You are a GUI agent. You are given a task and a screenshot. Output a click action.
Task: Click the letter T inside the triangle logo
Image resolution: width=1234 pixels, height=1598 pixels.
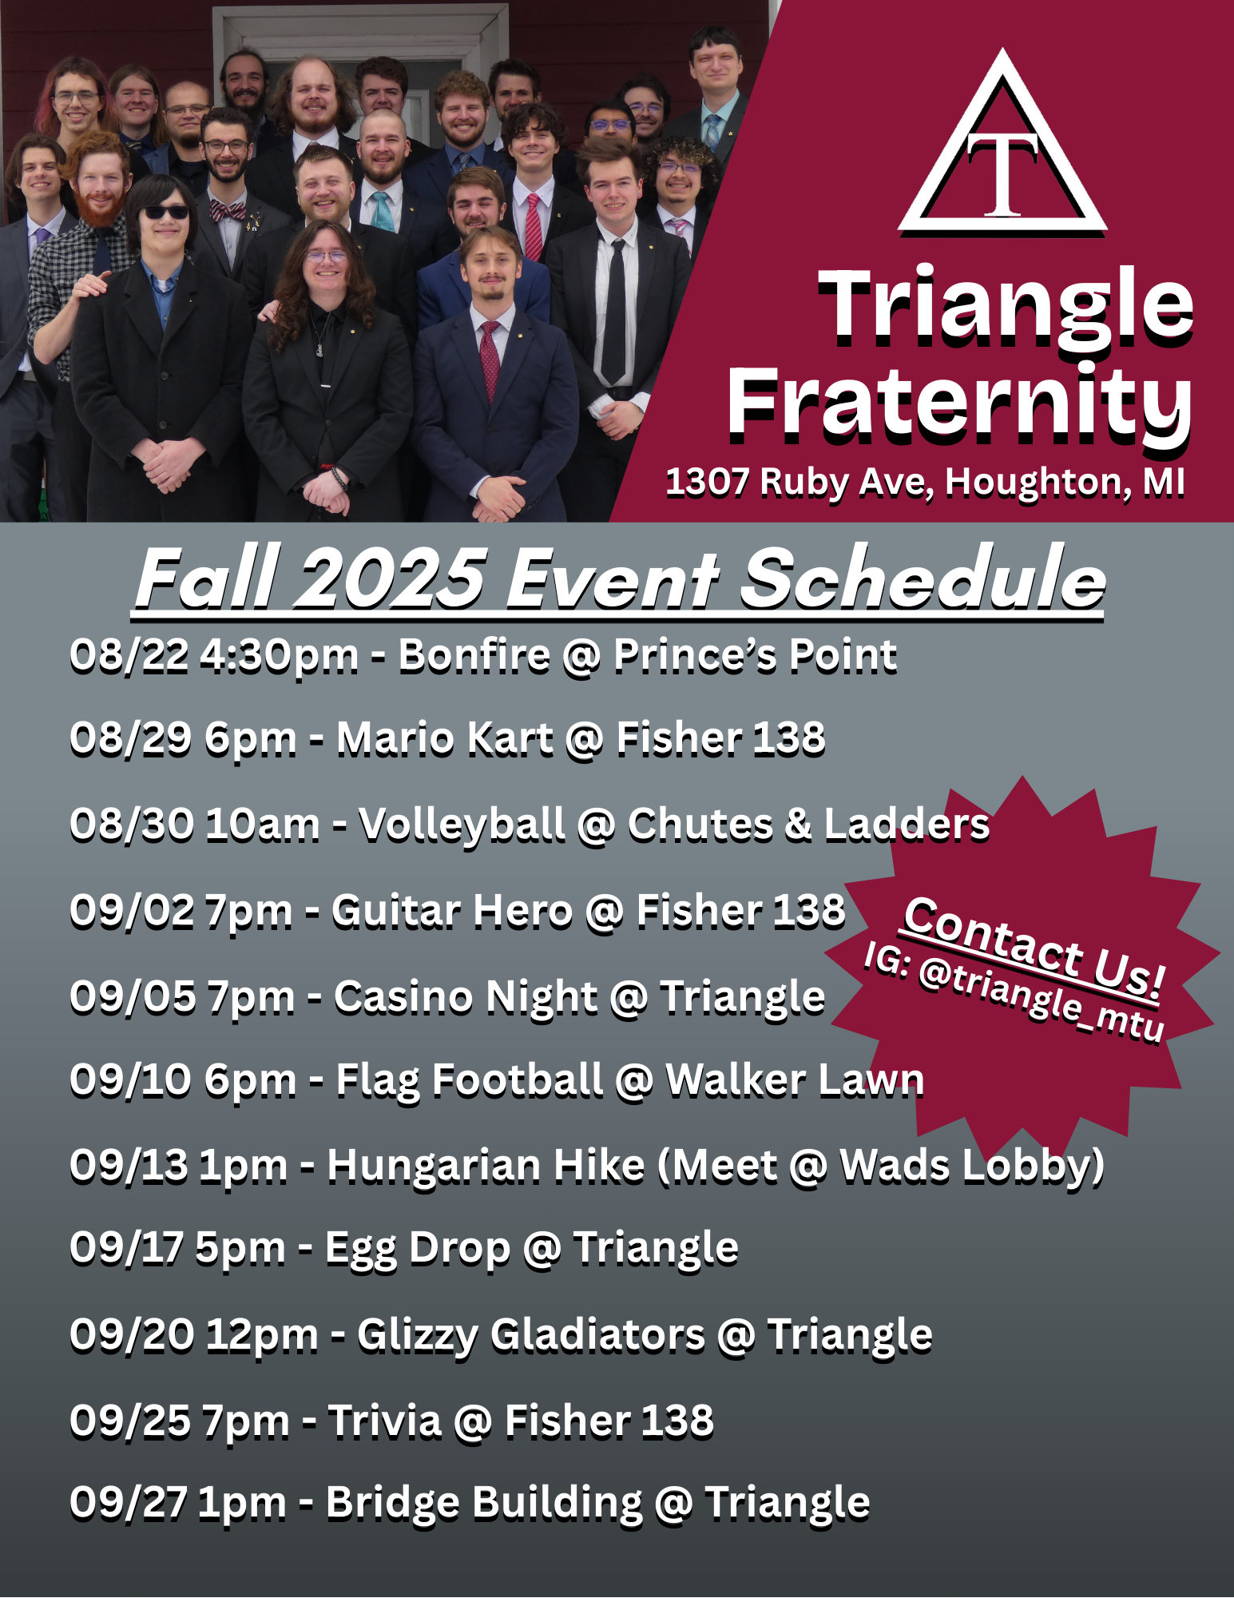tap(1003, 173)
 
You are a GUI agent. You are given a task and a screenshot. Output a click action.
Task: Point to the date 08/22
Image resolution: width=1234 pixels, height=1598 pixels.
tap(129, 656)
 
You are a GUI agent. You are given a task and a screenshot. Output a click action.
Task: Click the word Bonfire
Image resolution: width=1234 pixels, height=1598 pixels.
tap(474, 655)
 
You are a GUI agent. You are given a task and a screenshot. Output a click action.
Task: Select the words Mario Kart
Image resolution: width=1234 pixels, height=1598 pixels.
tap(445, 738)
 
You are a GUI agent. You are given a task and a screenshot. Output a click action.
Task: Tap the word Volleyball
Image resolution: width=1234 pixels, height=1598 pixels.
tap(462, 825)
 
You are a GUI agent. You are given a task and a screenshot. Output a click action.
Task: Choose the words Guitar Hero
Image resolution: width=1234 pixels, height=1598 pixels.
tap(452, 911)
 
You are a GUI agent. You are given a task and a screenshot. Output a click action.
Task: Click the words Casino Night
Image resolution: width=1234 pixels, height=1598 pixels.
tap(466, 999)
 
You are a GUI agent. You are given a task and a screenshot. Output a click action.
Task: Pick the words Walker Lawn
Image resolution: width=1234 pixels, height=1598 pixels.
tap(795, 1081)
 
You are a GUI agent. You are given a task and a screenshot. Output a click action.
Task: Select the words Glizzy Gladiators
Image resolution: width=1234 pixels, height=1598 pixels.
tap(531, 1337)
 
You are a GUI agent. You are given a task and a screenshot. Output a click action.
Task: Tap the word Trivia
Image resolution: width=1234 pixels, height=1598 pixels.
tap(385, 1421)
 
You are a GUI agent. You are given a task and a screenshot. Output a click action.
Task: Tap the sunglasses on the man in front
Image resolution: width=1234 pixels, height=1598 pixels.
tap(165, 213)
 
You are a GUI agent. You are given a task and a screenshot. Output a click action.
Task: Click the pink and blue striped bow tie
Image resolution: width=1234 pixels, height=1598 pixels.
tap(227, 211)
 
